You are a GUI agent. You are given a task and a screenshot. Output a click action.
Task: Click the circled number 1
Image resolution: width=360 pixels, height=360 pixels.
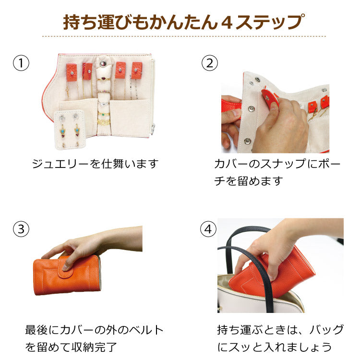(x=21, y=63)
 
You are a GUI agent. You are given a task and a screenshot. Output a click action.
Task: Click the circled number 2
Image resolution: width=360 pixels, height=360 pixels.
(x=210, y=63)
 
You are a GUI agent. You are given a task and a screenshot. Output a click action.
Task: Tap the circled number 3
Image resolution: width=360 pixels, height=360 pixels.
(x=21, y=229)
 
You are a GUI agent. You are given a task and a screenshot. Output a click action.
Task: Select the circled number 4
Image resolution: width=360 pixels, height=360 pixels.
(x=208, y=229)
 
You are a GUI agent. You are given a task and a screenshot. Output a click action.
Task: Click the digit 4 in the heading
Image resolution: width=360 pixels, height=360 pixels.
(x=227, y=22)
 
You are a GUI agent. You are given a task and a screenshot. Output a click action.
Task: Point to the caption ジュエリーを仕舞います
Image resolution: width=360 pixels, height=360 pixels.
(x=95, y=164)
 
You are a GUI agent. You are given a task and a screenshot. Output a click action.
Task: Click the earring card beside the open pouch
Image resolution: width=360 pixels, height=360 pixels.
(x=70, y=130)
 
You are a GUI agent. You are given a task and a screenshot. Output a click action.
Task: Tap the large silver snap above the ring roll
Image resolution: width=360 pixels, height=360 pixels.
(x=103, y=63)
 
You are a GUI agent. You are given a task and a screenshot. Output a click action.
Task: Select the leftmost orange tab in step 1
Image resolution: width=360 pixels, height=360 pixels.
(x=72, y=72)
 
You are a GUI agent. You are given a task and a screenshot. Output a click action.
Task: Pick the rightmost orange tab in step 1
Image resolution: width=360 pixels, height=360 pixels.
(x=137, y=71)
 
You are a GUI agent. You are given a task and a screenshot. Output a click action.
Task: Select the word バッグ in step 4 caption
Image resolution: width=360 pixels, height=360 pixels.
(x=326, y=330)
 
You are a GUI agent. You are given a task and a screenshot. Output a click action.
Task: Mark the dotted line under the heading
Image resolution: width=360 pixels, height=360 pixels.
(x=184, y=36)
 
